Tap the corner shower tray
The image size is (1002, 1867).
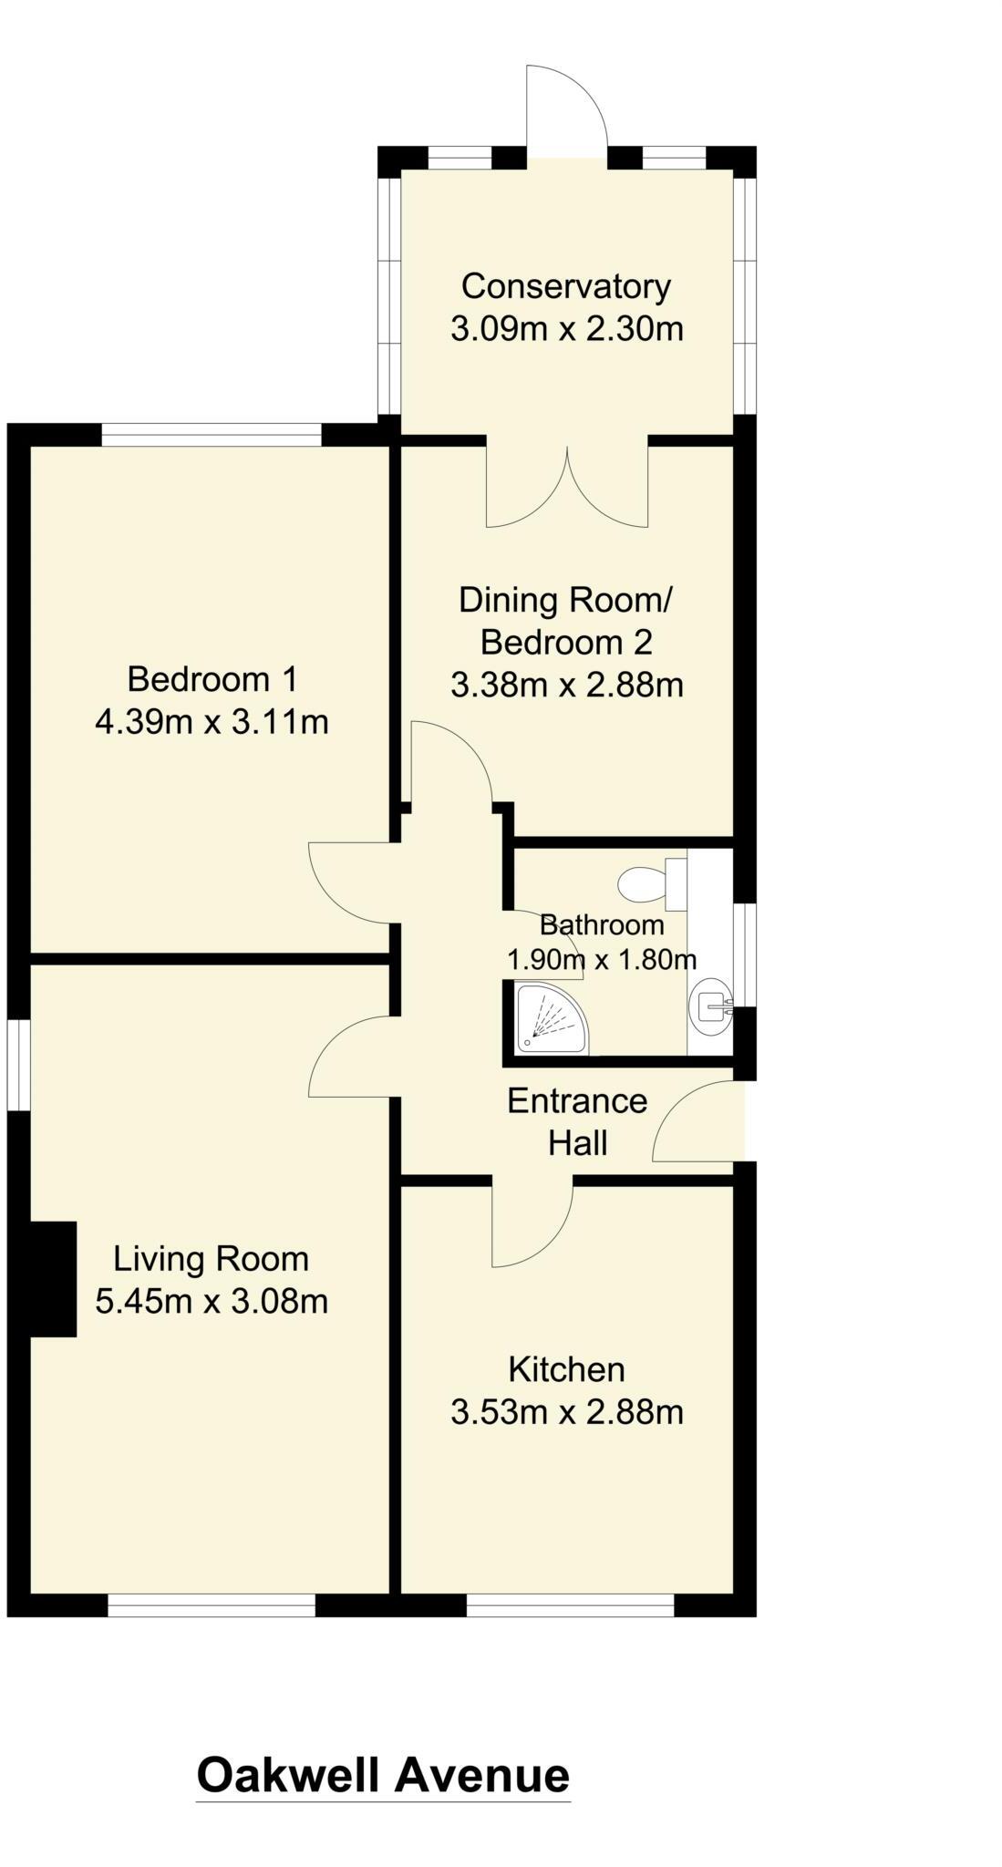click(x=549, y=1017)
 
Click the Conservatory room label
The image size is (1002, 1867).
click(x=566, y=286)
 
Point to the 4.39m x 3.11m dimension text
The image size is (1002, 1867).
click(x=212, y=722)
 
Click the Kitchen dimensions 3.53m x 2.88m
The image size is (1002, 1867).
click(x=566, y=1412)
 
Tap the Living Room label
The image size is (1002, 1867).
click(x=211, y=1259)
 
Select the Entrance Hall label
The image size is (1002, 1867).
click(x=577, y=1121)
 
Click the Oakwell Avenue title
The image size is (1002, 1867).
click(x=383, y=1776)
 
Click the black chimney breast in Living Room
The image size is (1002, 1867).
click(x=52, y=1280)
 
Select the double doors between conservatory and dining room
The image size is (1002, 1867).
click(x=567, y=488)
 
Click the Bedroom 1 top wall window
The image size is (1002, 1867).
click(x=212, y=436)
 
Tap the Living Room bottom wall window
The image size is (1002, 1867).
click(x=212, y=1605)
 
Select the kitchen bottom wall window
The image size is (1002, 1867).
click(x=571, y=1605)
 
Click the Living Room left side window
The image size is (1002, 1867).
click(x=19, y=1065)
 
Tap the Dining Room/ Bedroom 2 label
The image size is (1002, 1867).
click(x=566, y=622)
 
